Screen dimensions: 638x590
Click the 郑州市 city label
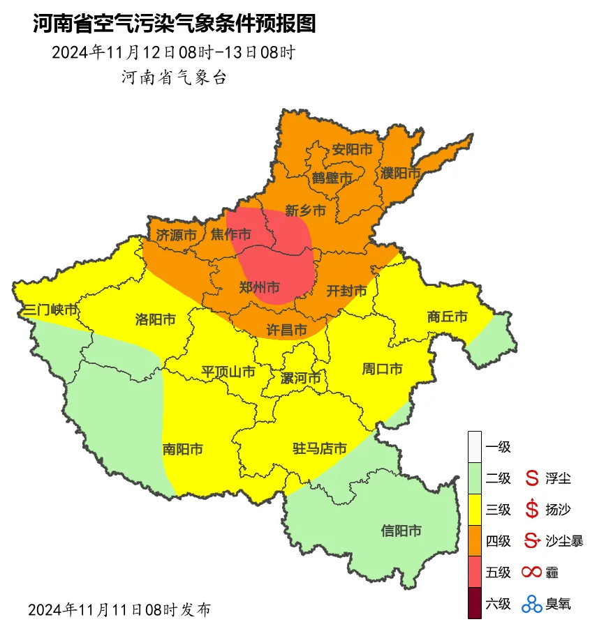click(260, 287)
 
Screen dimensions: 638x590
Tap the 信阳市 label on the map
click(401, 531)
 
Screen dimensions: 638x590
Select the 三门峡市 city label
click(50, 309)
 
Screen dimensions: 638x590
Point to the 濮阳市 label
click(401, 172)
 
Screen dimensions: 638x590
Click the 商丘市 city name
click(447, 317)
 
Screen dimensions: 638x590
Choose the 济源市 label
click(176, 235)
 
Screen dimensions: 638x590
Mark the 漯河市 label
click(300, 378)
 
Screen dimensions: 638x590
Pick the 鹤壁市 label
click(332, 178)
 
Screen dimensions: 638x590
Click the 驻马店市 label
click(319, 448)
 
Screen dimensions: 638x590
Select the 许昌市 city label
click(287, 328)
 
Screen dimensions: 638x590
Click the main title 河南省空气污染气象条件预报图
click(175, 24)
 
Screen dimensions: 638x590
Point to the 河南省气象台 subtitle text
click(175, 77)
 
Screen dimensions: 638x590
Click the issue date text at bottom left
click(119, 609)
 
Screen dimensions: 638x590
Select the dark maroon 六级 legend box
click(475, 603)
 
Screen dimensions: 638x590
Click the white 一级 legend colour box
click(475, 446)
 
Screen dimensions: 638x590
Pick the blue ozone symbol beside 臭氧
click(532, 603)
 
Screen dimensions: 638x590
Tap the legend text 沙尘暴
click(563, 540)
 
